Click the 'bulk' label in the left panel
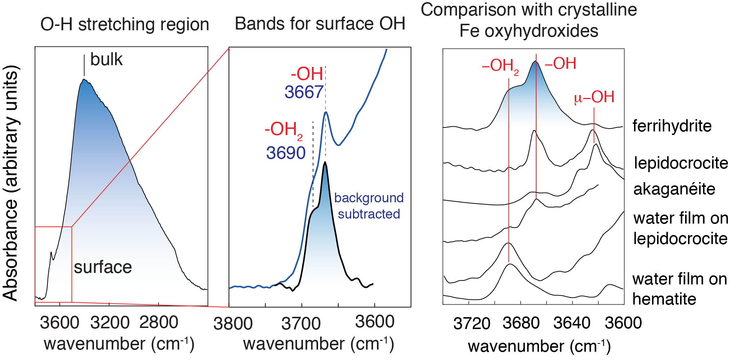[x=106, y=60]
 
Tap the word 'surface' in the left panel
[x=103, y=267]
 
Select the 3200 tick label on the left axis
[x=110, y=322]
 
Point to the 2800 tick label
[x=159, y=322]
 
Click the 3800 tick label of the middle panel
[x=233, y=323]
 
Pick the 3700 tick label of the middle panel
[x=301, y=323]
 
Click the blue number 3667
[x=304, y=92]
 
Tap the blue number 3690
[x=286, y=153]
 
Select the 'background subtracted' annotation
[x=369, y=206]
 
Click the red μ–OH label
[x=594, y=97]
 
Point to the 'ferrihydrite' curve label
[x=672, y=126]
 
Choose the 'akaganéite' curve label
[x=674, y=189]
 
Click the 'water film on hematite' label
[x=679, y=289]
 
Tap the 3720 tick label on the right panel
[x=472, y=323]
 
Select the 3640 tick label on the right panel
[x=572, y=323]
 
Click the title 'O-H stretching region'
[x=124, y=24]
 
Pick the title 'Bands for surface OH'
[x=320, y=24]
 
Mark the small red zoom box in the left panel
[x=53, y=264]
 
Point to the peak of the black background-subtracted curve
[x=325, y=162]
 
